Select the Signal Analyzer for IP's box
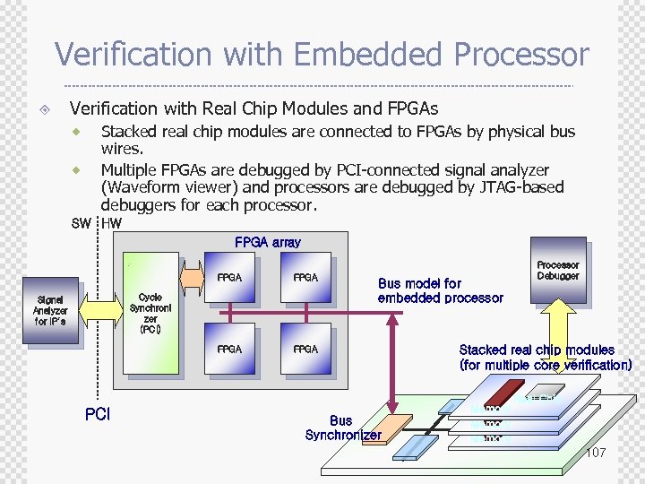pyautogui.click(x=50, y=310)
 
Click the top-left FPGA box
pyautogui.click(x=229, y=278)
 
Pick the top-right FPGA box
pyautogui.click(x=305, y=278)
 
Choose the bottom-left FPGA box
pyautogui.click(x=229, y=348)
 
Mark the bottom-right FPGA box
pyautogui.click(x=305, y=348)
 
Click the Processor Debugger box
pyautogui.click(x=557, y=270)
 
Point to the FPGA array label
pyautogui.click(x=267, y=242)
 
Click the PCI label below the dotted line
pyautogui.click(x=97, y=415)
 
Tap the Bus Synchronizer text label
pyautogui.click(x=342, y=428)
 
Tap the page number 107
pyautogui.click(x=595, y=453)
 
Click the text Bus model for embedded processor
pyautogui.click(x=440, y=290)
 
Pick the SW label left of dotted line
pyautogui.click(x=81, y=224)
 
